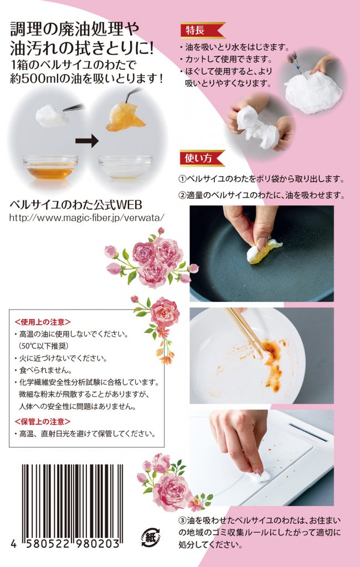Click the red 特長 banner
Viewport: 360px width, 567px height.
pyautogui.click(x=203, y=30)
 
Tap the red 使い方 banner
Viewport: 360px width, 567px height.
pyautogui.click(x=202, y=158)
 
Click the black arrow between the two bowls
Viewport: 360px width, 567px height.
pyautogui.click(x=87, y=141)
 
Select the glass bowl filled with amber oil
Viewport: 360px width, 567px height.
pyautogui.click(x=50, y=167)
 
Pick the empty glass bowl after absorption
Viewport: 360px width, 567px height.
pyautogui.click(x=125, y=167)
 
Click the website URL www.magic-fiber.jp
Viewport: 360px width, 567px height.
pyautogui.click(x=87, y=217)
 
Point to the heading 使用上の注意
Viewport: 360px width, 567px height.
pyautogui.click(x=43, y=322)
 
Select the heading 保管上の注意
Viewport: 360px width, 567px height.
pyautogui.click(x=43, y=421)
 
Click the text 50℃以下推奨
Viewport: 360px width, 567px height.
pyautogui.click(x=43, y=346)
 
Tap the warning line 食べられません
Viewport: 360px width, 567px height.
pyautogui.click(x=45, y=370)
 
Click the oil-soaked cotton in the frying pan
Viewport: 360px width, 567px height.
pyautogui.click(x=264, y=251)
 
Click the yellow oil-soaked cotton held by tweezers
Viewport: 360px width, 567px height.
pyautogui.click(x=125, y=116)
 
